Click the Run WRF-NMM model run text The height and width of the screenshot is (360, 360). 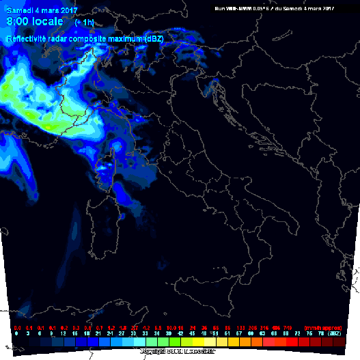click(273, 8)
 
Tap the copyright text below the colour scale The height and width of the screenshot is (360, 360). click(180, 351)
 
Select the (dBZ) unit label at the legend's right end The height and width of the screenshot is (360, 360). click(335, 334)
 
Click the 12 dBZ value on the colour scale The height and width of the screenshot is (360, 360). click(64, 334)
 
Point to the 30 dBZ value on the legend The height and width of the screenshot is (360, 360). click(134, 334)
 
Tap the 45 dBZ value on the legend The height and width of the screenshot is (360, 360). click(192, 334)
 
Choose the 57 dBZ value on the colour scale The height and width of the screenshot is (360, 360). click(239, 334)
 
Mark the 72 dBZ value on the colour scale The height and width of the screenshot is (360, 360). click(298, 334)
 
